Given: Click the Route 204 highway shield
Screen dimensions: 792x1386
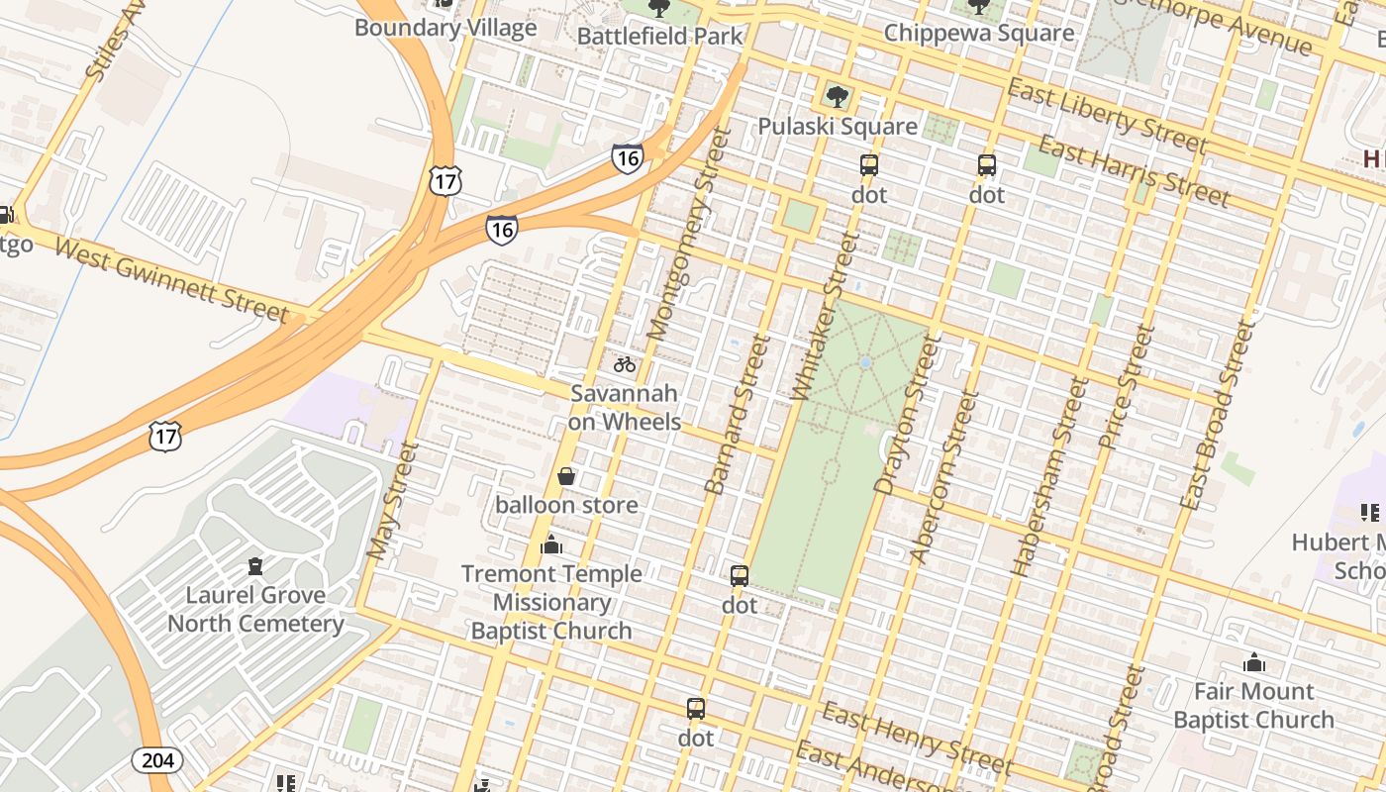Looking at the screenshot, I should pos(155,759).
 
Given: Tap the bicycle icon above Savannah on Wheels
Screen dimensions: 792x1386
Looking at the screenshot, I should pos(624,364).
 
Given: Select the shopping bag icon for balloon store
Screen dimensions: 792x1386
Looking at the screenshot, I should pos(566,477).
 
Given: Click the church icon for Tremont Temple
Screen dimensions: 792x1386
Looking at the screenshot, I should pos(551,544).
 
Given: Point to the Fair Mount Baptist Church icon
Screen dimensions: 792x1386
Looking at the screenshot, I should pos(1253,662).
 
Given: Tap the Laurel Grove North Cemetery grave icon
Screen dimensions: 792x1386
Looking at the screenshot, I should pos(255,566).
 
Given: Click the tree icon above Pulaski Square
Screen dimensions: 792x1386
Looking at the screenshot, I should pos(837,97).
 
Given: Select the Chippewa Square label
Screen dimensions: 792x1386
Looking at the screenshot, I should pos(978,33).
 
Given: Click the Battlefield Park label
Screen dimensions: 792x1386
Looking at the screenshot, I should pos(659,36).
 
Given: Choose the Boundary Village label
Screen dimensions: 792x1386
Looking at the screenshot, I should pos(445,27).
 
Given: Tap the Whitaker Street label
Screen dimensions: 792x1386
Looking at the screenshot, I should pos(824,317).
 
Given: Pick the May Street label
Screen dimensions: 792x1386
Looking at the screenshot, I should pos(393,502).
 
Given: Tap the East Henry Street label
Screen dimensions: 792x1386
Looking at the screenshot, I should pos(917,739).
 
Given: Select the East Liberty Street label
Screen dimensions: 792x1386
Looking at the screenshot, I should pos(1107,118).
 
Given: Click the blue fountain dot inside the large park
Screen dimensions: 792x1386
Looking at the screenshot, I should pos(865,363).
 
